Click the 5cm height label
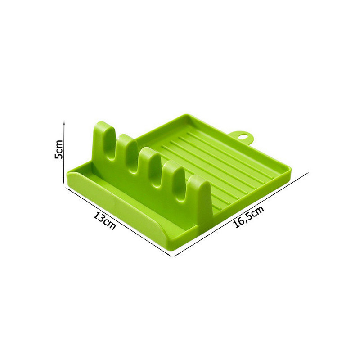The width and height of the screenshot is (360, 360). (58, 149)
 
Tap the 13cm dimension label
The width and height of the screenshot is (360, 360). (105, 220)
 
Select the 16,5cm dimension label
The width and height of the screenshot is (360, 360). (249, 216)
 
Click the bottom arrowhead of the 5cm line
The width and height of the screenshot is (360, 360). (64, 183)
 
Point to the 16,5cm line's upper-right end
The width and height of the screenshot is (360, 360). (308, 173)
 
